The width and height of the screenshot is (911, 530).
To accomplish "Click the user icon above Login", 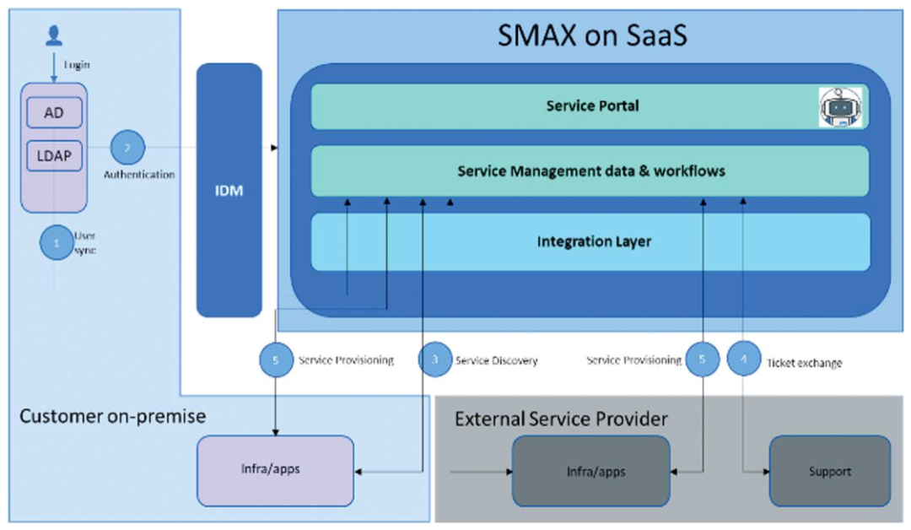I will pyautogui.click(x=54, y=35).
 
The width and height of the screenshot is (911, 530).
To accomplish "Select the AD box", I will pyautogui.click(x=53, y=113).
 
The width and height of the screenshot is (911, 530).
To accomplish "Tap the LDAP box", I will pyautogui.click(x=53, y=156).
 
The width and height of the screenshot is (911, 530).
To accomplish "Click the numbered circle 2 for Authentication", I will pyautogui.click(x=127, y=148).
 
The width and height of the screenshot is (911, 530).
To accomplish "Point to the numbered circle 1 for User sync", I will pyautogui.click(x=57, y=243).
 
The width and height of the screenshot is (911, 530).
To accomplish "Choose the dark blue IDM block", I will pyautogui.click(x=229, y=190).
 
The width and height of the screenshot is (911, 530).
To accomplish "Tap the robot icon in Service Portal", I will pyautogui.click(x=840, y=107).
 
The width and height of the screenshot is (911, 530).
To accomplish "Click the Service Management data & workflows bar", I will pyautogui.click(x=590, y=171).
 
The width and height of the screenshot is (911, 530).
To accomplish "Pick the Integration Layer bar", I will pyautogui.click(x=590, y=242).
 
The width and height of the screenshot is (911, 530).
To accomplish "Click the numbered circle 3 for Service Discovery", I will pyautogui.click(x=435, y=360).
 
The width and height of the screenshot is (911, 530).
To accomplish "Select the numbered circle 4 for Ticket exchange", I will pyautogui.click(x=743, y=360).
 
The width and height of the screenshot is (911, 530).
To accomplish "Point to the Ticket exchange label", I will pyautogui.click(x=804, y=363).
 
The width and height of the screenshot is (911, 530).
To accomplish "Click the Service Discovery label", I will pyautogui.click(x=496, y=360).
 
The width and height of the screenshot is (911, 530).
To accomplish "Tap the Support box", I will pyautogui.click(x=829, y=471).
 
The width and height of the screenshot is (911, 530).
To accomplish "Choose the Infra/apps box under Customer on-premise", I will pyautogui.click(x=275, y=470).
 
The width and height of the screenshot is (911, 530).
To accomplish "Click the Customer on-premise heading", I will pyautogui.click(x=112, y=416).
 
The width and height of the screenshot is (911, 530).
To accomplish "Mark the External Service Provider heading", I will pyautogui.click(x=561, y=419).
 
